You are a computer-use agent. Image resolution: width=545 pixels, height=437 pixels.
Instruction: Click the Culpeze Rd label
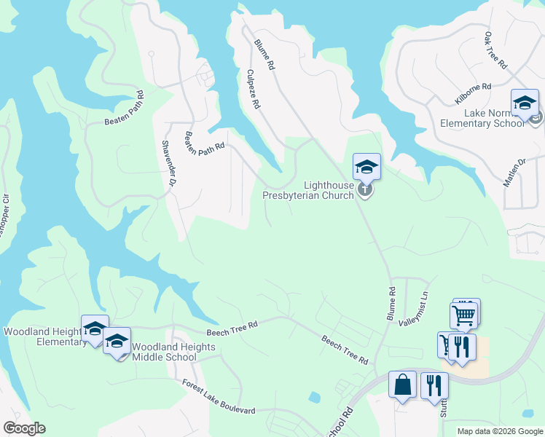(x=253, y=89)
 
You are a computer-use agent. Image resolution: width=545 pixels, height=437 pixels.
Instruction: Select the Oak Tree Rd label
(x=495, y=50)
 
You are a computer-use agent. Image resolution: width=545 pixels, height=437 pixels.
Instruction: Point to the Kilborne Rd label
(x=473, y=93)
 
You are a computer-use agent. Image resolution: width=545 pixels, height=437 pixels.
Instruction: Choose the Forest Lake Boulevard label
(x=219, y=396)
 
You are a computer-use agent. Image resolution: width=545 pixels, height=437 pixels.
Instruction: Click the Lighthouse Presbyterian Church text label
(x=307, y=191)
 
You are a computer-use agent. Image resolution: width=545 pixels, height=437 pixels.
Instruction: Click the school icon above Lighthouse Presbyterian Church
(x=366, y=167)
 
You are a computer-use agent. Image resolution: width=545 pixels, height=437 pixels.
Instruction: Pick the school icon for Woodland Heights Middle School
(x=117, y=341)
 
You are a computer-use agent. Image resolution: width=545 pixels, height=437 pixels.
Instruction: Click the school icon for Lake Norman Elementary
(x=525, y=103)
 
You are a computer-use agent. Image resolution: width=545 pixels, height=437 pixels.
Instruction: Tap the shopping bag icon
(x=402, y=384)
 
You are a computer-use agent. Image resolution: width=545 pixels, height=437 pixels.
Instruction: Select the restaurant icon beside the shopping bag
(x=434, y=384)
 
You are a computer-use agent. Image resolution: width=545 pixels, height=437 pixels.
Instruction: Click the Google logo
(x=24, y=428)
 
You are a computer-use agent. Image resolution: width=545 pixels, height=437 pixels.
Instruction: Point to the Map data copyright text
(x=500, y=431)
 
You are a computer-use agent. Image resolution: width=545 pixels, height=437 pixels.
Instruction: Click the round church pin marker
(x=365, y=191)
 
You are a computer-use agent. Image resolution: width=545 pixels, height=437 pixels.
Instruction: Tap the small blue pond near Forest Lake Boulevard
(x=314, y=398)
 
